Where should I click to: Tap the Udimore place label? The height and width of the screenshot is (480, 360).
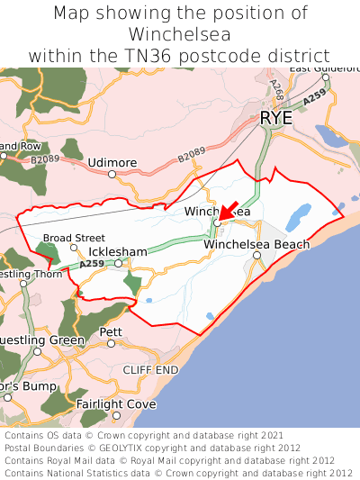pos(112,162)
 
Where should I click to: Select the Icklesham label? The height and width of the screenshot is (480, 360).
pos(117,251)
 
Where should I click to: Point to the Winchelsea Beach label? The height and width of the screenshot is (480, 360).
pos(256,244)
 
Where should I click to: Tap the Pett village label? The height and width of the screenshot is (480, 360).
pos(111,331)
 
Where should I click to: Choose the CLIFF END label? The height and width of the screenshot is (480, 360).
pos(150,369)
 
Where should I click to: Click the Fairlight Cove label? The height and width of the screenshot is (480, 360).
pos(115,404)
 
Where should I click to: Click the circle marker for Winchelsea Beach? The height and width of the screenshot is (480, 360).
pos(256,256)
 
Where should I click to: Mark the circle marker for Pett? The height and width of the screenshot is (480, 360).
pos(112,343)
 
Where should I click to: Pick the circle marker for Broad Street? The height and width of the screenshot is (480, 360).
pos(74,249)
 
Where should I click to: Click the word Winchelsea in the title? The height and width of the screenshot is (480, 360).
pos(180,34)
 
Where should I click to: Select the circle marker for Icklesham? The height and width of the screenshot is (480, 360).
pos(118,264)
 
